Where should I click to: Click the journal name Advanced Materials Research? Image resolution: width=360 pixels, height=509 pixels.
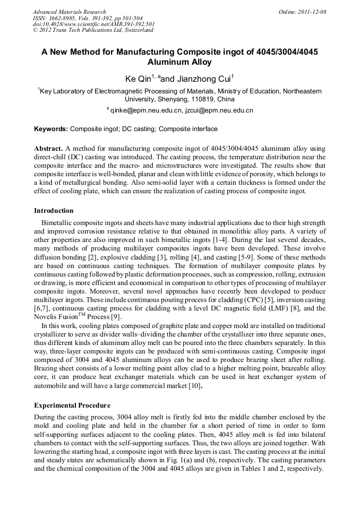point(69,12)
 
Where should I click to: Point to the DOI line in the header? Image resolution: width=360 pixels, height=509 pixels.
point(93,24)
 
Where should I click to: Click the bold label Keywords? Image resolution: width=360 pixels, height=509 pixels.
point(51,129)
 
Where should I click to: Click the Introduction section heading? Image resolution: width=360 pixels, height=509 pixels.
point(54,211)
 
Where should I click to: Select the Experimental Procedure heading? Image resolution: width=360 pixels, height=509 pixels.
point(72,406)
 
